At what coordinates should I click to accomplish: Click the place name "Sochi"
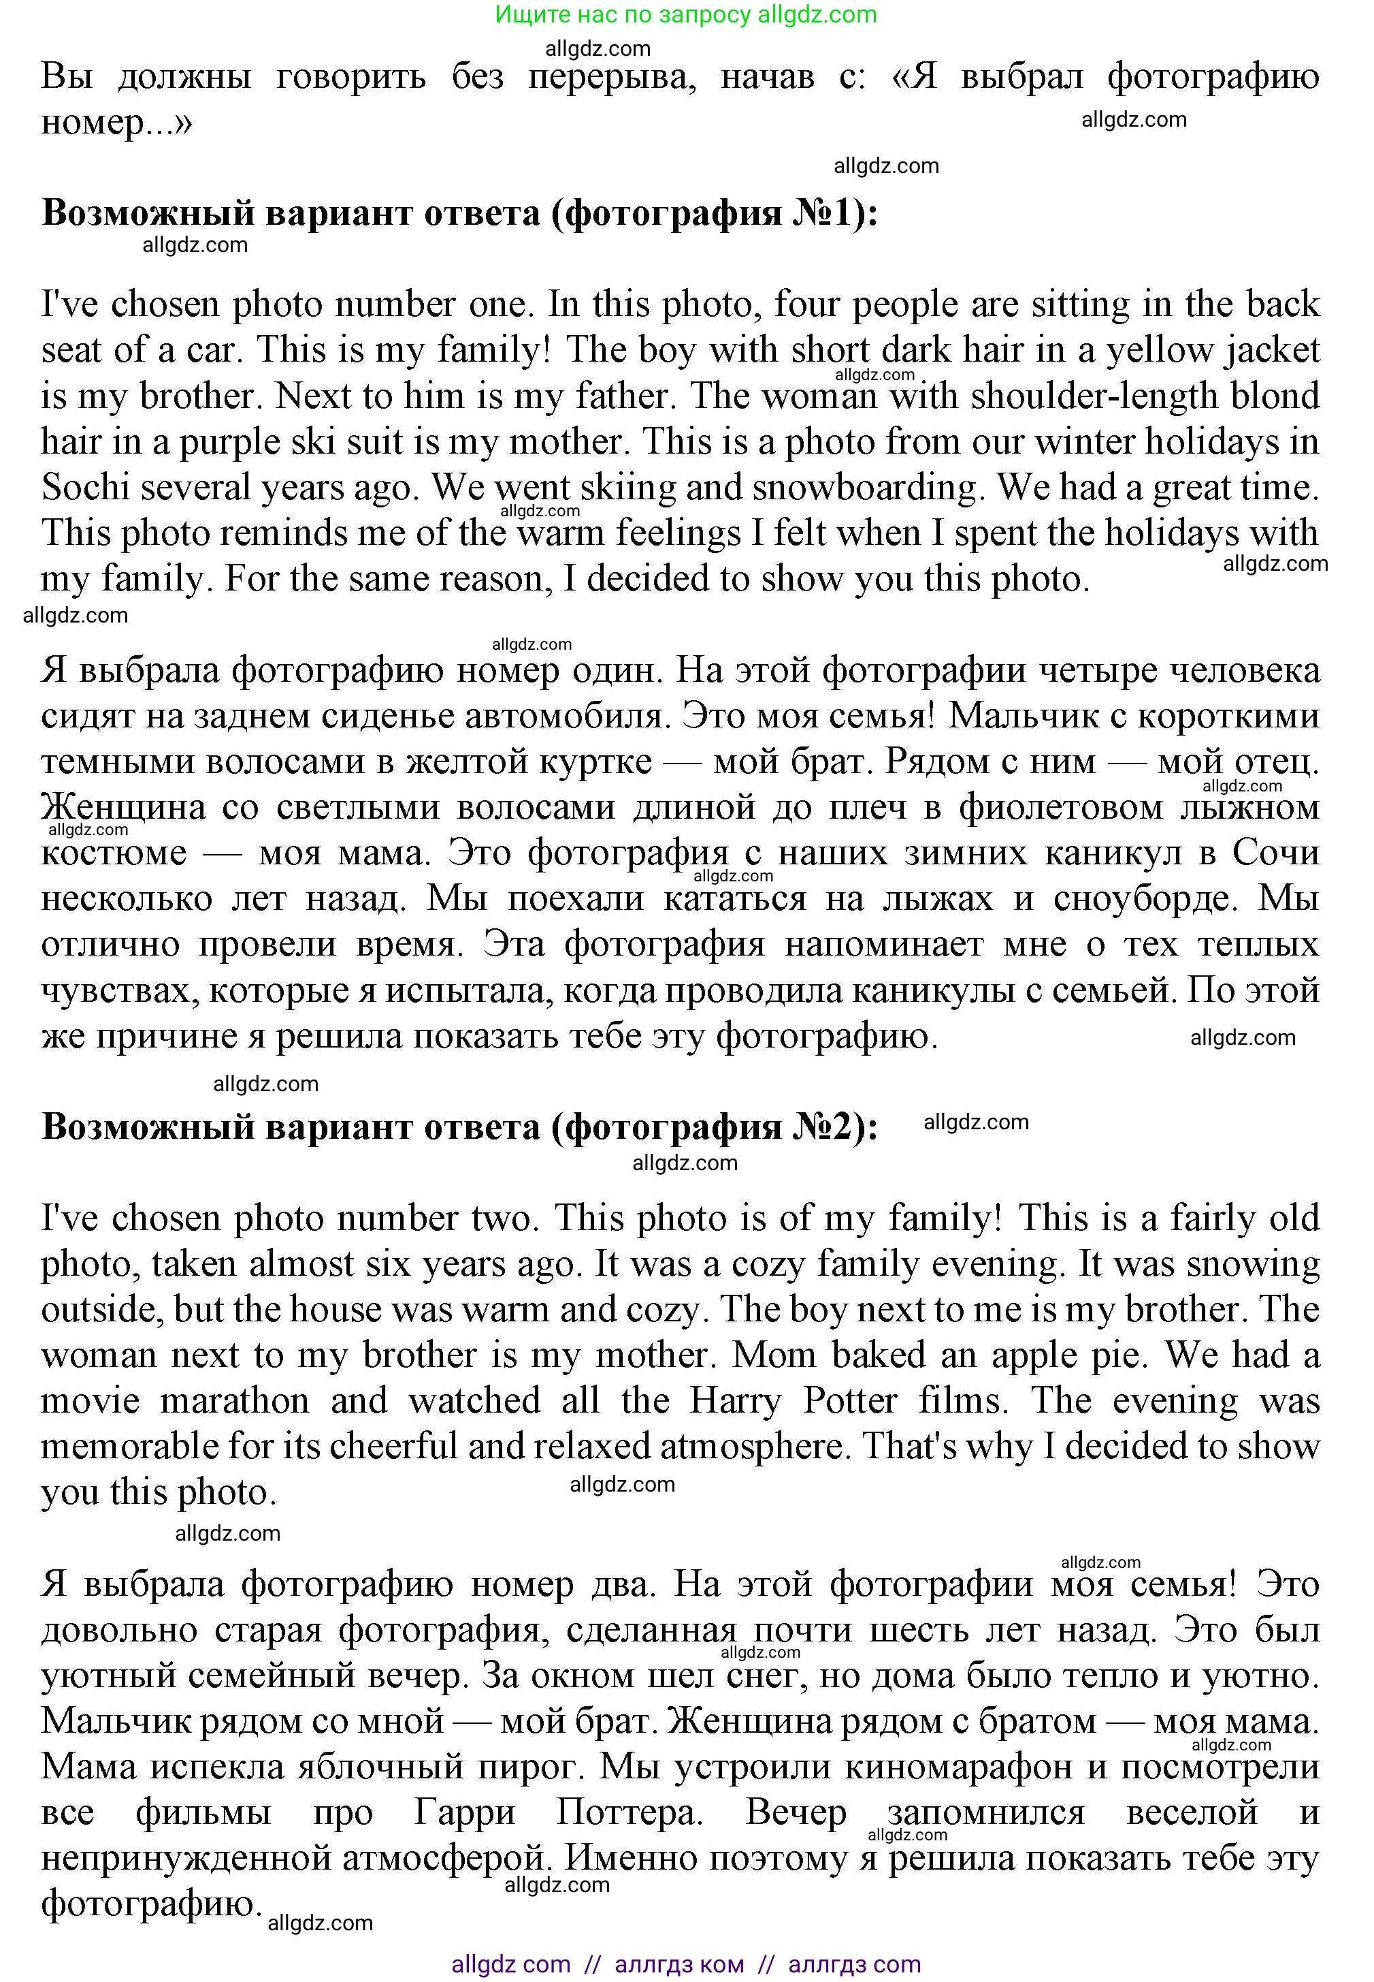click(85, 488)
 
